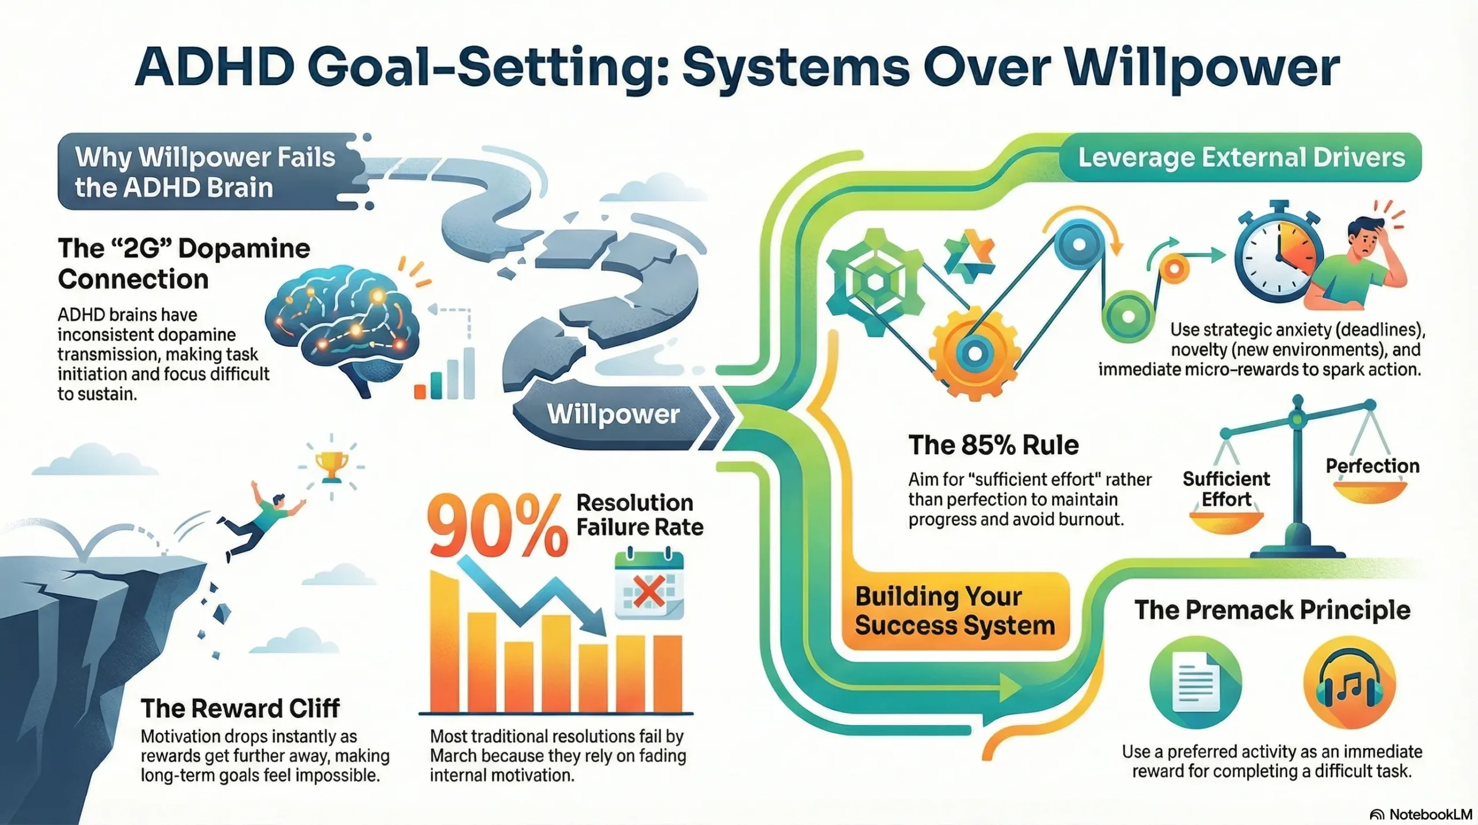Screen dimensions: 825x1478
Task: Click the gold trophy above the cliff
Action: point(331,465)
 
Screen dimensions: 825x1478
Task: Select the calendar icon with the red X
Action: point(649,587)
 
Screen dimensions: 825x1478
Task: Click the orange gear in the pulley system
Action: point(974,353)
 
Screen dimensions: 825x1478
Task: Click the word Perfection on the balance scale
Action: point(1372,466)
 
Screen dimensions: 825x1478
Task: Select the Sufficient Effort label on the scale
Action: point(1226,489)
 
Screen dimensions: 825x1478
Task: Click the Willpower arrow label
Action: point(613,414)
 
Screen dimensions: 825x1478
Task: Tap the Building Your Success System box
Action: point(954,611)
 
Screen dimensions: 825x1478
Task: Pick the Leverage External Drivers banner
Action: point(1241,158)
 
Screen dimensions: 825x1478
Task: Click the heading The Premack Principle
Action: point(1272,610)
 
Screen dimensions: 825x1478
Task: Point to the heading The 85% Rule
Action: point(993,445)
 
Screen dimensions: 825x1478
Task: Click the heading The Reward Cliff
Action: point(240,708)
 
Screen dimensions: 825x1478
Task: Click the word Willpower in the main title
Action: point(1202,68)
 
